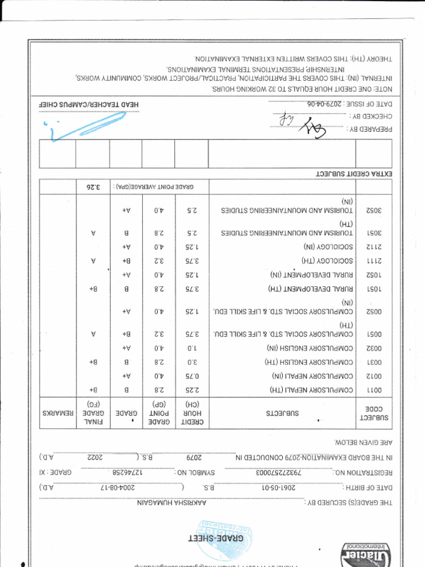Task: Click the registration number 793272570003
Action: (283, 473)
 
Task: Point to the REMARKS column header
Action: (58, 413)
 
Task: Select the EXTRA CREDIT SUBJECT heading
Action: (354, 174)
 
